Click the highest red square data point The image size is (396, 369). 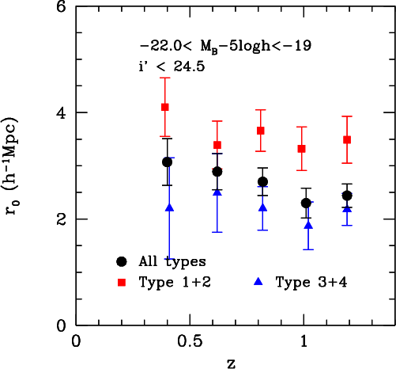pyautogui.click(x=165, y=107)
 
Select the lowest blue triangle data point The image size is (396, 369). pyautogui.click(x=308, y=226)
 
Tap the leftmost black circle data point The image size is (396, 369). pyautogui.click(x=167, y=162)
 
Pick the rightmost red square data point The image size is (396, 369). pyautogui.click(x=347, y=139)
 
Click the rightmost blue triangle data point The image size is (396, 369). pyautogui.click(x=347, y=209)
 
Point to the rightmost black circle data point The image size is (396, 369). pyautogui.click(x=347, y=196)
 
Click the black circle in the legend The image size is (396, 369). pyautogui.click(x=122, y=261)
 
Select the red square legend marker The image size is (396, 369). pyautogui.click(x=122, y=283)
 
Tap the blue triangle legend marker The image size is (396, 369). pyautogui.click(x=258, y=282)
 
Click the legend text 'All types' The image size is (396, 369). pyautogui.click(x=172, y=261)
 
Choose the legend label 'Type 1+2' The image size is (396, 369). pyautogui.click(x=175, y=283)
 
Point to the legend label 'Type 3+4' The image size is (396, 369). pyautogui.click(x=311, y=283)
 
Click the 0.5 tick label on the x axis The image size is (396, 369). pyautogui.click(x=190, y=342)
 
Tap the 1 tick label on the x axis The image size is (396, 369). pyautogui.click(x=304, y=342)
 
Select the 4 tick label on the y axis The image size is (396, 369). pyautogui.click(x=62, y=114)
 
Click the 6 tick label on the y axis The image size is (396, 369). pyautogui.click(x=62, y=7)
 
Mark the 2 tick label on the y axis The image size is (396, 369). pyautogui.click(x=62, y=220)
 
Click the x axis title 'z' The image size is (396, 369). pyautogui.click(x=231, y=363)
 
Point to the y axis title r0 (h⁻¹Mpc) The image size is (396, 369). pyautogui.click(x=11, y=165)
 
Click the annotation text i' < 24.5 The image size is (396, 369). pyautogui.click(x=172, y=67)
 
